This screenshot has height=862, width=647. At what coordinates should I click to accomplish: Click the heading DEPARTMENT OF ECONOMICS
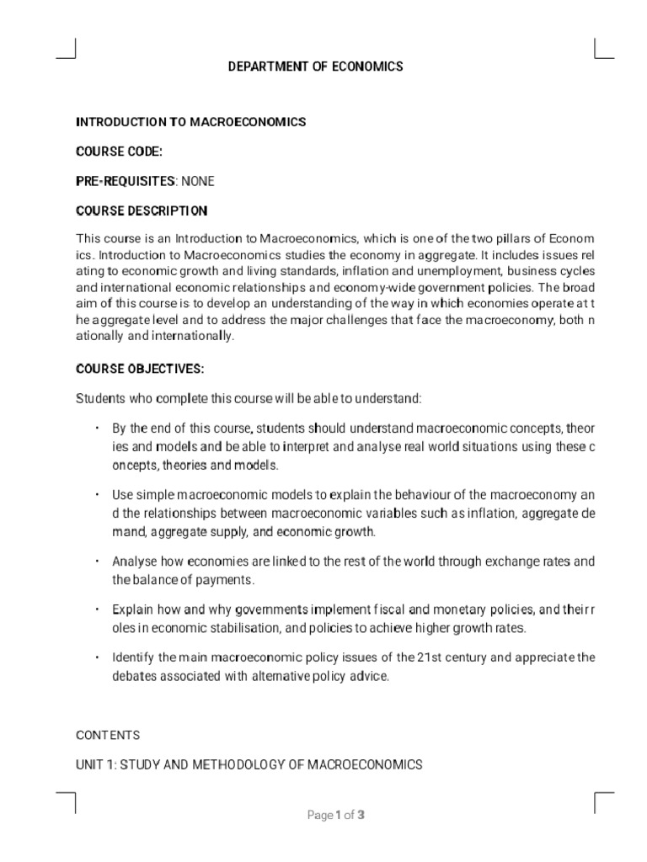(x=315, y=67)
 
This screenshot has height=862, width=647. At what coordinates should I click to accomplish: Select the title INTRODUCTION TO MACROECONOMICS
(x=191, y=122)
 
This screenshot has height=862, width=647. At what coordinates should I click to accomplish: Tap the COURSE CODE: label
(x=119, y=152)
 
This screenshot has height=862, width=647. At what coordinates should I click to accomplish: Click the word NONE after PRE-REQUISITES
(x=198, y=181)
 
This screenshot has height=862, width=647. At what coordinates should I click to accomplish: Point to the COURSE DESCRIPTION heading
(x=142, y=210)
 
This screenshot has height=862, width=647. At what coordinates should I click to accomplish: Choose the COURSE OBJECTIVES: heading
(x=140, y=369)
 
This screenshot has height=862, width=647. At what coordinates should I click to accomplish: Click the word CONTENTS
(x=108, y=735)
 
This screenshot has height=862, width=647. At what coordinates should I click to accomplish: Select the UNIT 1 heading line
(x=249, y=764)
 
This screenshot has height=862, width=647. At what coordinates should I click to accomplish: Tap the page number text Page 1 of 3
(x=336, y=815)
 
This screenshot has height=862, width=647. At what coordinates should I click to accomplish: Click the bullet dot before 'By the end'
(x=99, y=428)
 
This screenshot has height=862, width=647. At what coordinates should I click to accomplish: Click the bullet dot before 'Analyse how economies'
(x=99, y=561)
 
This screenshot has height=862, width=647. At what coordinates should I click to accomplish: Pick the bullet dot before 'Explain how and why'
(x=99, y=609)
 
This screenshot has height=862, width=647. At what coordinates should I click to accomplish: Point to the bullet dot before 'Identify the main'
(x=99, y=657)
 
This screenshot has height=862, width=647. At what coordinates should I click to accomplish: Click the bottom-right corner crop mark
(x=602, y=801)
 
